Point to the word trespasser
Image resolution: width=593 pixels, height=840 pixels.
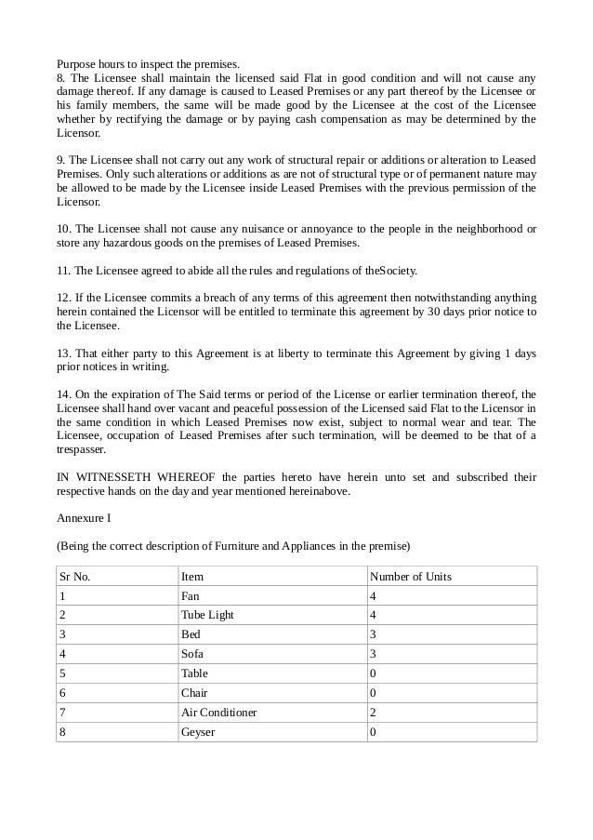click(82, 449)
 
